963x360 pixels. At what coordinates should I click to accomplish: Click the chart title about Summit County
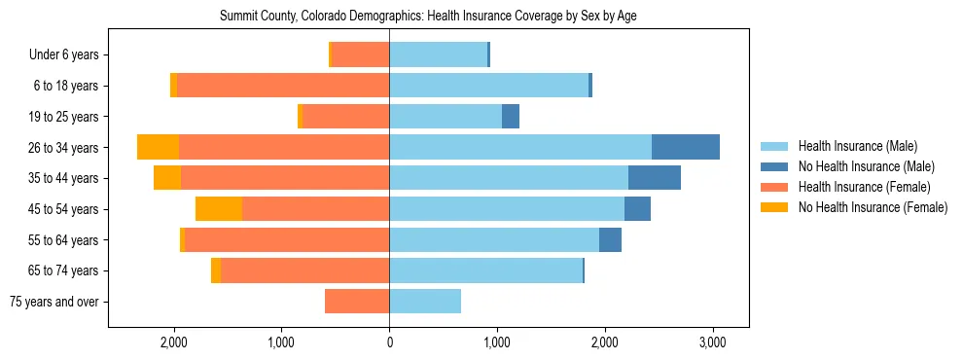point(428,17)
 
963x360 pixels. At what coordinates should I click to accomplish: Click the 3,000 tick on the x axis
point(712,342)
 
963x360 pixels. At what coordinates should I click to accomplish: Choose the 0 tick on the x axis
point(389,342)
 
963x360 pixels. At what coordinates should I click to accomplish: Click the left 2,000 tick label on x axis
point(174,342)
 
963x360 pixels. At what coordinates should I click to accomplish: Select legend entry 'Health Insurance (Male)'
point(857,146)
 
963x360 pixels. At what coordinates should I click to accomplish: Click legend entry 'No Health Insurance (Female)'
point(873,207)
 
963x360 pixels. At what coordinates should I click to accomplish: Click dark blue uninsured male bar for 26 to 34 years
point(686,147)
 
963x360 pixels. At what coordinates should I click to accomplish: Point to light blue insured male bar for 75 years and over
point(425,302)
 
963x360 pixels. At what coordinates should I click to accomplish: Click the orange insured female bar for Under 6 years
point(361,54)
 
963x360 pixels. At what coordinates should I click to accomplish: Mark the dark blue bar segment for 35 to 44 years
point(655,178)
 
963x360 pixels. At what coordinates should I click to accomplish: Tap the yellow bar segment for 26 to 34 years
point(159,147)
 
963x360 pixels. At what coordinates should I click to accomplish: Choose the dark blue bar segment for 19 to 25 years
point(511,117)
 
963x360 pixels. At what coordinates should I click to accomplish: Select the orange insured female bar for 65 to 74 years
point(305,270)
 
